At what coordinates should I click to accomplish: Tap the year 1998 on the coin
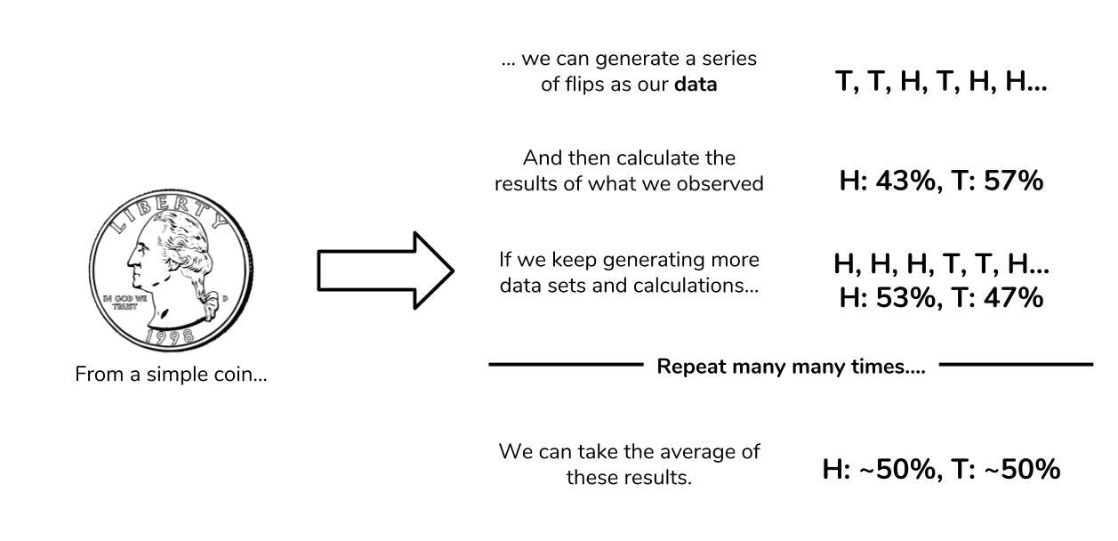coord(170,336)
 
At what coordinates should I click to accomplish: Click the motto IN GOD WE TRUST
coord(118,301)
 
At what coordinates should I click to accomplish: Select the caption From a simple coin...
coord(171,375)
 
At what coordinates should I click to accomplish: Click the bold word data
coord(697,85)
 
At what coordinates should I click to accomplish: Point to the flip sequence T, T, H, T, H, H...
coord(941,83)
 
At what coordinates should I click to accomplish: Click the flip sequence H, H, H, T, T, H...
coord(941,264)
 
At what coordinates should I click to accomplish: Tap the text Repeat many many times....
coord(791,367)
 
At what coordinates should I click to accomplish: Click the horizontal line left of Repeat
coord(565,364)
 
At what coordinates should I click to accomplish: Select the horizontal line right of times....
coord(1016,364)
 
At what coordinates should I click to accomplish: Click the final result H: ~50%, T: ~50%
coord(941,470)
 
